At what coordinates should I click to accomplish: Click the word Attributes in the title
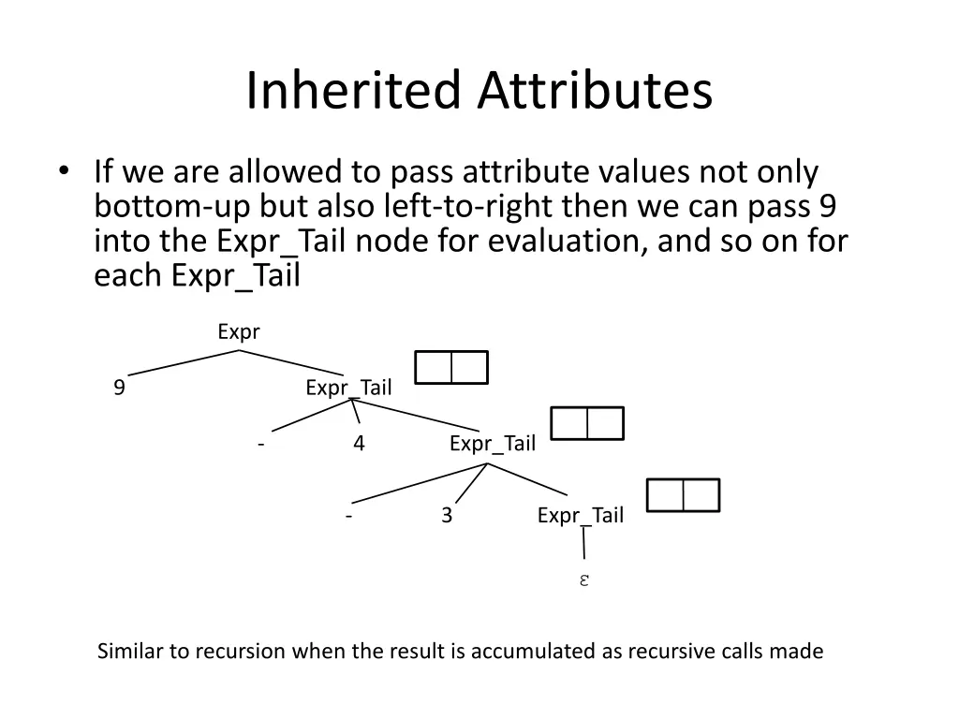pos(596,91)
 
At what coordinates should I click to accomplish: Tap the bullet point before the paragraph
pos(63,171)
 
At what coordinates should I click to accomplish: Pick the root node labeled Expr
pos(238,331)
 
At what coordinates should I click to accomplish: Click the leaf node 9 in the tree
pos(119,388)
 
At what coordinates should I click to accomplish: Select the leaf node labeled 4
pos(359,444)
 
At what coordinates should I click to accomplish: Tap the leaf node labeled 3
pos(447,515)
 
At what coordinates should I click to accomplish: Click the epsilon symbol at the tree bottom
pos(583,580)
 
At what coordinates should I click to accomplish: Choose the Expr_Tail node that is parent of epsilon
pos(580,515)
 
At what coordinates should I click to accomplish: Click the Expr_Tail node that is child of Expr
pos(348,388)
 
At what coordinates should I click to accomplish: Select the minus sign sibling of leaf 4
pos(260,444)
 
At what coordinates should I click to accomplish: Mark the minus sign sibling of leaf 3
pos(347,515)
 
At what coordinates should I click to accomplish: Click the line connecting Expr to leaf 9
pos(183,362)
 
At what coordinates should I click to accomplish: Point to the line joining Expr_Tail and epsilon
pos(584,544)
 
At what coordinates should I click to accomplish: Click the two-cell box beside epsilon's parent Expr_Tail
pos(683,495)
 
